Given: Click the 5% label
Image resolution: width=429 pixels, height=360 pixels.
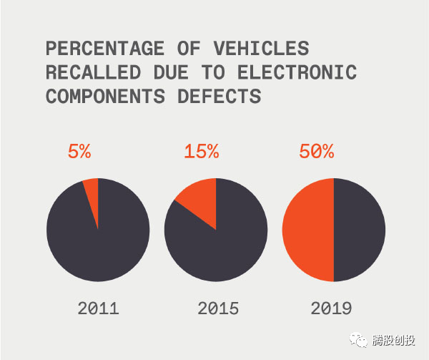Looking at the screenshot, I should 79,152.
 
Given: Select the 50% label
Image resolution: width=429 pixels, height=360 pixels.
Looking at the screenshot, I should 315,152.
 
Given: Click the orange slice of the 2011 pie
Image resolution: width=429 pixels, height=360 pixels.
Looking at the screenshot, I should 92,190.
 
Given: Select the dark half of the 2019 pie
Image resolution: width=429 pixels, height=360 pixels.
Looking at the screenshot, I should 360,230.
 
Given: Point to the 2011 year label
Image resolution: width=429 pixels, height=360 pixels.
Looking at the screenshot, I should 98,308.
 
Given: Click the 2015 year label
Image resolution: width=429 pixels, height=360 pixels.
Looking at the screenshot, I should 218,308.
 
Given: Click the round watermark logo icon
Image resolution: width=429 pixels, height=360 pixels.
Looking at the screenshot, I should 361,341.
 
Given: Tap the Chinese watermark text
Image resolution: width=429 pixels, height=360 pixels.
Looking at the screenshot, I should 394,341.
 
